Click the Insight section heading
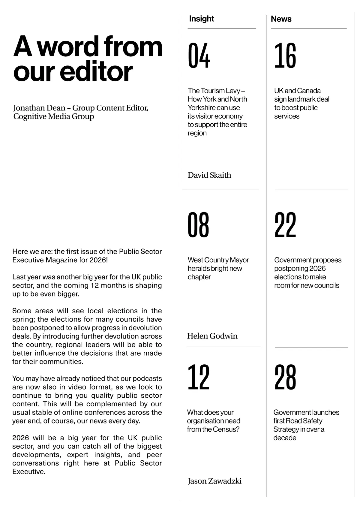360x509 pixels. [201, 19]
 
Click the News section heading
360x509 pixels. [281, 19]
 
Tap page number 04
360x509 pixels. [199, 56]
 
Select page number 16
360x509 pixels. [285, 56]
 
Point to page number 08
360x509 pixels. [198, 225]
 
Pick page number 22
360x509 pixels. [285, 225]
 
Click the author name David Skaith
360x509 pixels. [209, 175]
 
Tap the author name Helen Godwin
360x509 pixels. [212, 336]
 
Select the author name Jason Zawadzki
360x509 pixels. [214, 481]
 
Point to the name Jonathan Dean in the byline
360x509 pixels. [39, 108]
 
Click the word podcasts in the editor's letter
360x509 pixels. [147, 378]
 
